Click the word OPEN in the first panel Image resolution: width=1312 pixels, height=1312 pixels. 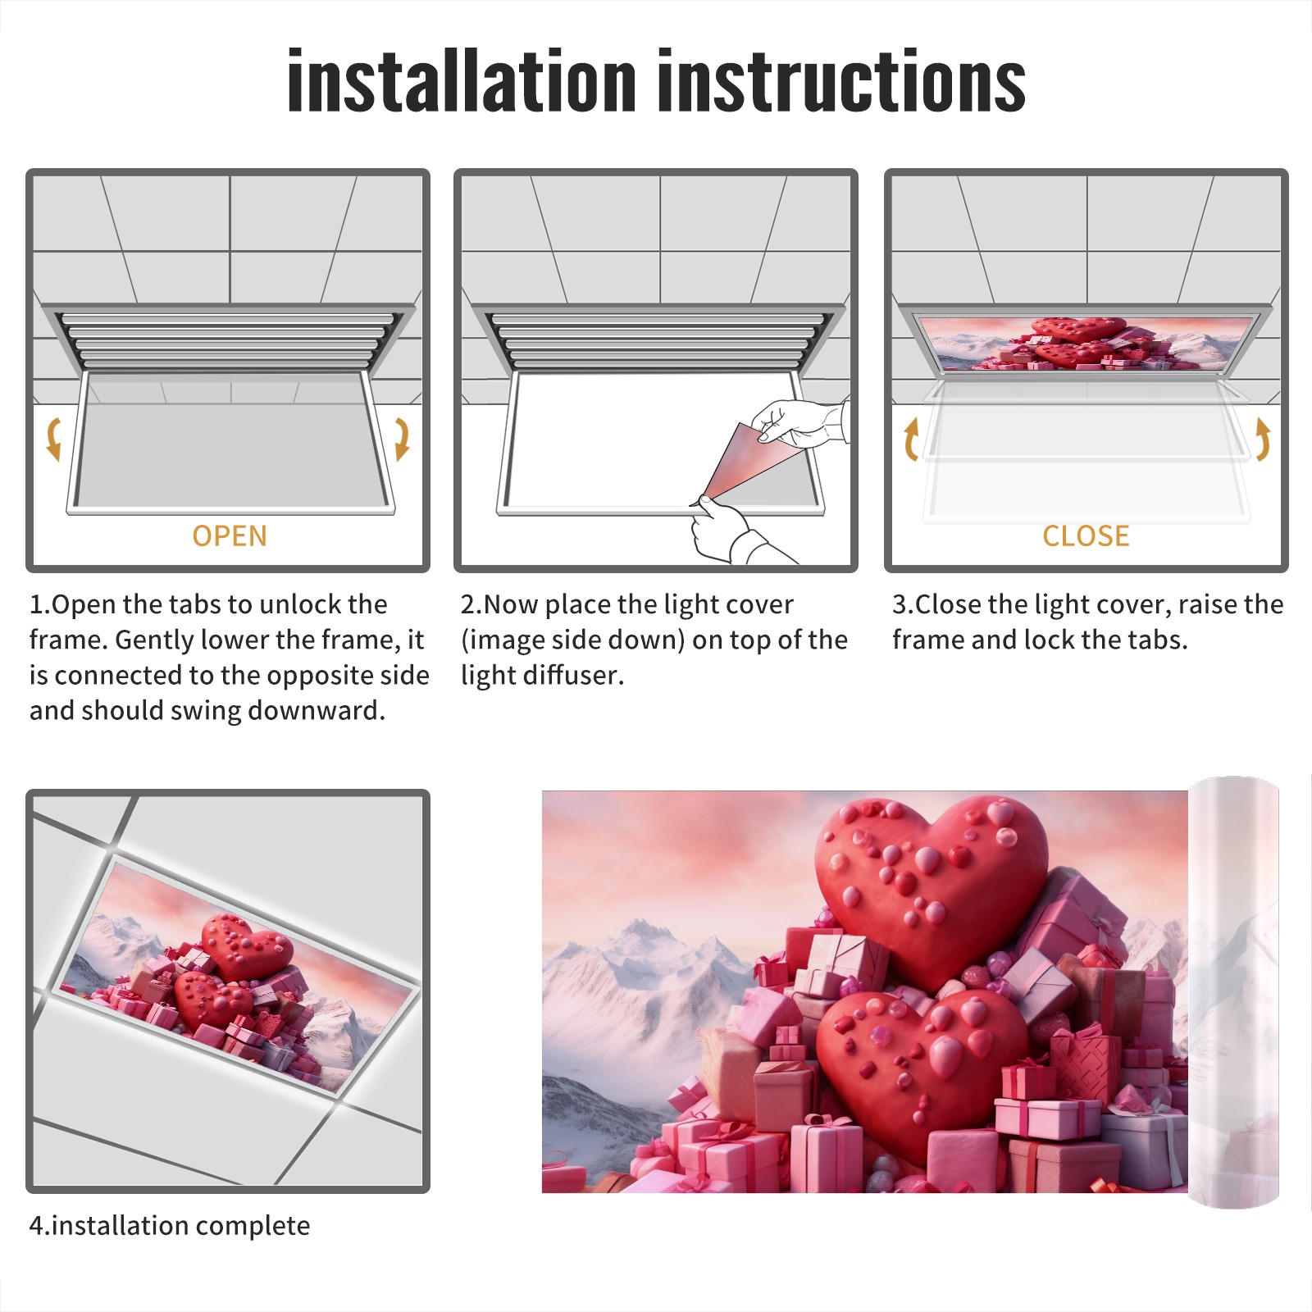[230, 535]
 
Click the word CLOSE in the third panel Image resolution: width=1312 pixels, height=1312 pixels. [1086, 535]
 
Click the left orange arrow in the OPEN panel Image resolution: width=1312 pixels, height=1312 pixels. [53, 439]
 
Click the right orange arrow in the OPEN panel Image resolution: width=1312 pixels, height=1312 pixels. [402, 439]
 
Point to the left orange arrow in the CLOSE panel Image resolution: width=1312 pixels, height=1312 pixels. [910, 439]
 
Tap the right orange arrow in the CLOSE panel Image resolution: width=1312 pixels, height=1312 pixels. [1263, 439]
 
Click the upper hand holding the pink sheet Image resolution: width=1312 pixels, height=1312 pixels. [799, 423]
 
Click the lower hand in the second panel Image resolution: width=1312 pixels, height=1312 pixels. [730, 533]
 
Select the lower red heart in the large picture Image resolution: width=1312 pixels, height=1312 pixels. [922, 1062]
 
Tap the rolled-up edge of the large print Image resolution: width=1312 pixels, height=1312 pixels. [1233, 992]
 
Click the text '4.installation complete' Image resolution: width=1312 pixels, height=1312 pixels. [170, 1226]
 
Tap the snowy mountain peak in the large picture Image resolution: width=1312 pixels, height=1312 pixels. [640, 931]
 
